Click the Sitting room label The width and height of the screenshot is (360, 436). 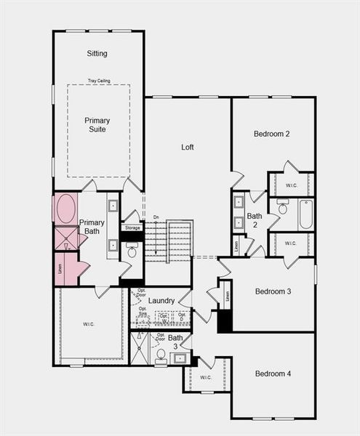pyautogui.click(x=97, y=53)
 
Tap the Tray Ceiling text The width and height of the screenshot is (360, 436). pyautogui.click(x=98, y=81)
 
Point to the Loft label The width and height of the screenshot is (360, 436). pyautogui.click(x=188, y=147)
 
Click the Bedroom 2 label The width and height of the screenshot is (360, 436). pyautogui.click(x=272, y=134)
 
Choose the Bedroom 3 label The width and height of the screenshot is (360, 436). pyautogui.click(x=273, y=291)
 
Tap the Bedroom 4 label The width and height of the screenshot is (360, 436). pyautogui.click(x=273, y=374)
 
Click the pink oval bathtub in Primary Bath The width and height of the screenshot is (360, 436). pyautogui.click(x=65, y=209)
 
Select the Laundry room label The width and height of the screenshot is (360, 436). pyautogui.click(x=161, y=300)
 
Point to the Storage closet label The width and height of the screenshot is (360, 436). pyautogui.click(x=132, y=228)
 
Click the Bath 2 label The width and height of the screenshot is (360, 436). pyautogui.click(x=255, y=220)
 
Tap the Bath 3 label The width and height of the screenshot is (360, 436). pyautogui.click(x=176, y=342)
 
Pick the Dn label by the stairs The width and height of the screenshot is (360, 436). pyautogui.click(x=156, y=217)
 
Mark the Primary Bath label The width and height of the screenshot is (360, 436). pyautogui.click(x=93, y=227)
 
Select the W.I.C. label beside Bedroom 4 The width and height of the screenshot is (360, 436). pyautogui.click(x=205, y=376)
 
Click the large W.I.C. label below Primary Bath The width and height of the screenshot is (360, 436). pyautogui.click(x=90, y=324)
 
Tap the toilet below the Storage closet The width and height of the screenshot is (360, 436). pyautogui.click(x=132, y=252)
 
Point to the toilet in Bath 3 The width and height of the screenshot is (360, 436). pyautogui.click(x=161, y=355)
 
